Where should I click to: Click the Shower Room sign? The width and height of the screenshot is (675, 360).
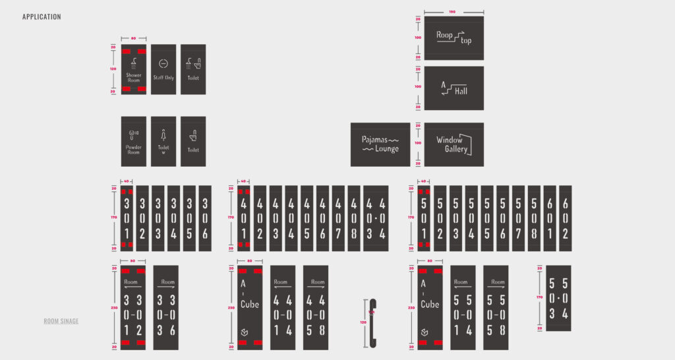(133, 69)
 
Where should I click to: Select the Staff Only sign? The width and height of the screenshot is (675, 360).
(163, 69)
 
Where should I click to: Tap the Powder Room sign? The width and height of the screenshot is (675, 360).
(133, 141)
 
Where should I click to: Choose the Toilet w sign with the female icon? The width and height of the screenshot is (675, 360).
(163, 141)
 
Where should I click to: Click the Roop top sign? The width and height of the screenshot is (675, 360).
(454, 38)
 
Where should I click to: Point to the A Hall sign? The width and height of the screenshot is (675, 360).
(454, 88)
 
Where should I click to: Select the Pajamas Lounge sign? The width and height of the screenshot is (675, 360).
(380, 144)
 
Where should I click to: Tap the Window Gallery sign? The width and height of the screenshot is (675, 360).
(454, 144)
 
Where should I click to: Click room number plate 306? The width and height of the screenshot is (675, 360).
(205, 218)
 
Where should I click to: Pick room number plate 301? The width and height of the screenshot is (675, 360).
(127, 218)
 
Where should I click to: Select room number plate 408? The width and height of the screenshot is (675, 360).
(353, 218)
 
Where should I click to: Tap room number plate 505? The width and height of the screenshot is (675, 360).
(487, 218)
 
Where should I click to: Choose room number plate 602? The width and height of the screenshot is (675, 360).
(565, 218)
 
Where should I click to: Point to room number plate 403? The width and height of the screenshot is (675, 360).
(276, 218)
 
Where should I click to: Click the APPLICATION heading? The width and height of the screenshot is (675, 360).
(42, 16)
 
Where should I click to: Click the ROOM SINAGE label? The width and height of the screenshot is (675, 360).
(61, 321)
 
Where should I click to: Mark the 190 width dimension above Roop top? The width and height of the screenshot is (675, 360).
(452, 12)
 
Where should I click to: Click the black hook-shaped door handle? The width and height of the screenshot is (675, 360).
(372, 322)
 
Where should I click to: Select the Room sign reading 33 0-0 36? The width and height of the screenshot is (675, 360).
(165, 307)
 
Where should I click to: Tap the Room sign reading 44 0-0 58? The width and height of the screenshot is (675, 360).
(316, 307)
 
